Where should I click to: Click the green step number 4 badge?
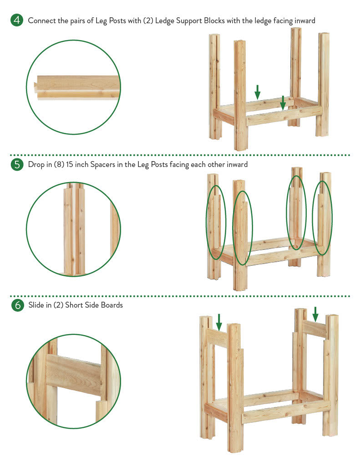tap(17, 20)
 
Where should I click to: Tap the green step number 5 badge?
tap(17, 164)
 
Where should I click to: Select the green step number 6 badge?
tap(18, 305)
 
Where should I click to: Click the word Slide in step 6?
tap(36, 305)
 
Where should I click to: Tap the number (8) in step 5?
tap(59, 164)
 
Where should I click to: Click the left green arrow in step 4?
tap(258, 92)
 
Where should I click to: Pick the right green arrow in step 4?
tap(283, 103)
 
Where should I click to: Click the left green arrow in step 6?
tap(219, 322)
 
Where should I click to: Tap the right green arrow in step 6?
tap(315, 314)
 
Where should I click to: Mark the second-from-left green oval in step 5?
tap(233, 228)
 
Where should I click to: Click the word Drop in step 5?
tap(36, 165)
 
